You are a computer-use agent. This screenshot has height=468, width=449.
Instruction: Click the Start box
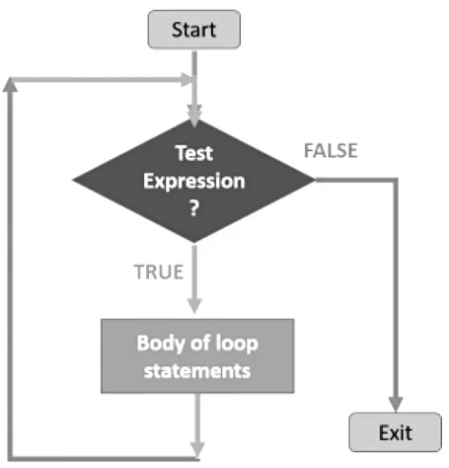click(193, 30)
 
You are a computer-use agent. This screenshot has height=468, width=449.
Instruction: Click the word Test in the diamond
click(193, 154)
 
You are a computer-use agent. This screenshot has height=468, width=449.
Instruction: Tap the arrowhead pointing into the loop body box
click(193, 307)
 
